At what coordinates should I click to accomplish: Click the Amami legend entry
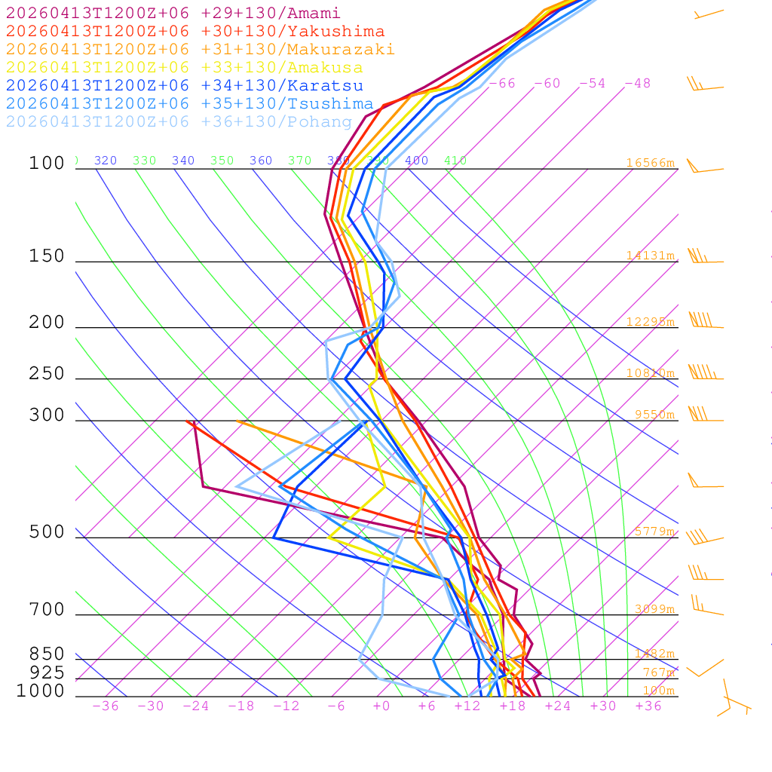(173, 14)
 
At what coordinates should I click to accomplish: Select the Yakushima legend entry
(195, 32)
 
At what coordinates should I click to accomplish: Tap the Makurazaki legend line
(200, 50)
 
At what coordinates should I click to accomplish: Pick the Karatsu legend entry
(184, 86)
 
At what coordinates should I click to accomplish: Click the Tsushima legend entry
(189, 104)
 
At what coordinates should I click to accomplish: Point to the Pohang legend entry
(179, 122)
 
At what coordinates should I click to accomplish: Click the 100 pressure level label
(47, 164)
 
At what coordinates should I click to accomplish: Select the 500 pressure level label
(47, 533)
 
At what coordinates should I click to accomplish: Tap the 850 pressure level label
(47, 654)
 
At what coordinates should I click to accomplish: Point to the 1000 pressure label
(40, 691)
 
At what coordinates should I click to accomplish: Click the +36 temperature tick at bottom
(648, 706)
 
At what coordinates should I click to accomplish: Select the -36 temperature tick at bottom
(105, 706)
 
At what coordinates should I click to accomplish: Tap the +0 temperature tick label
(381, 706)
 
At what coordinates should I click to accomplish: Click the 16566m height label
(650, 163)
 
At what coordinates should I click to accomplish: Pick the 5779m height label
(653, 532)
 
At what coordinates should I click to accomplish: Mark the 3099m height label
(653, 609)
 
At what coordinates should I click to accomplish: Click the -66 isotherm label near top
(501, 84)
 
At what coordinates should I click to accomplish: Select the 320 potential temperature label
(106, 161)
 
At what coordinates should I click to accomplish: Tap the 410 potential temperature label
(455, 161)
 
